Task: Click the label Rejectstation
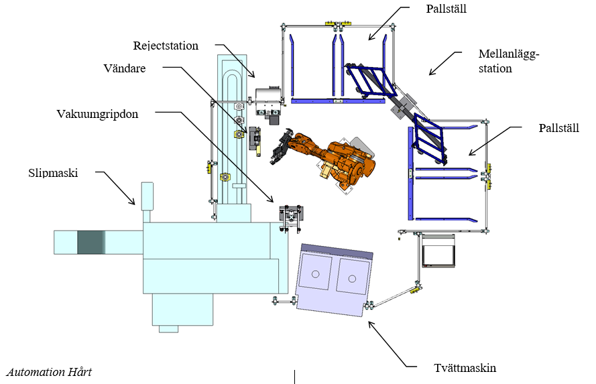click(x=166, y=46)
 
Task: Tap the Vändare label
click(x=125, y=68)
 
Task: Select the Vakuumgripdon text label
click(x=97, y=113)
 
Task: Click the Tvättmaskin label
click(x=465, y=367)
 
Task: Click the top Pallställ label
click(x=446, y=9)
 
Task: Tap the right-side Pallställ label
click(x=559, y=127)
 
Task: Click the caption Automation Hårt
click(x=49, y=372)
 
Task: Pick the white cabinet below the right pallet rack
click(x=437, y=253)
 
